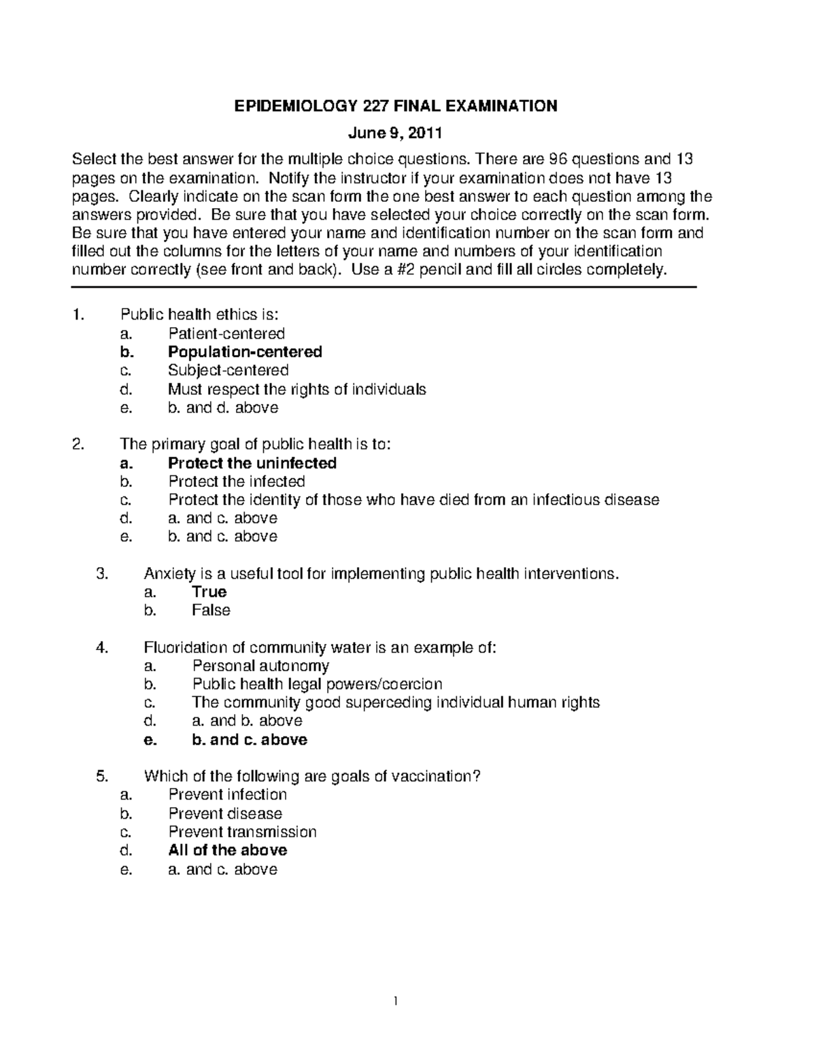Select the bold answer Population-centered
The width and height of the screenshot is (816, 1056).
(245, 352)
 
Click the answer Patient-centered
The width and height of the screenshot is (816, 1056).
(226, 334)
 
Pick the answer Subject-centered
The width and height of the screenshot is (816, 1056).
(228, 371)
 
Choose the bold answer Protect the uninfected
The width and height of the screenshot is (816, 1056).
(252, 464)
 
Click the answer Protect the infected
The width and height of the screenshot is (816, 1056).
(237, 482)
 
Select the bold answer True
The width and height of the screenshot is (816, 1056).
(209, 592)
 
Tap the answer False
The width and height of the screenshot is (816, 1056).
(211, 611)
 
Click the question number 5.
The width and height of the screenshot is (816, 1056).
(102, 777)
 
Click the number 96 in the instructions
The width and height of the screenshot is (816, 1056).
(558, 160)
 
